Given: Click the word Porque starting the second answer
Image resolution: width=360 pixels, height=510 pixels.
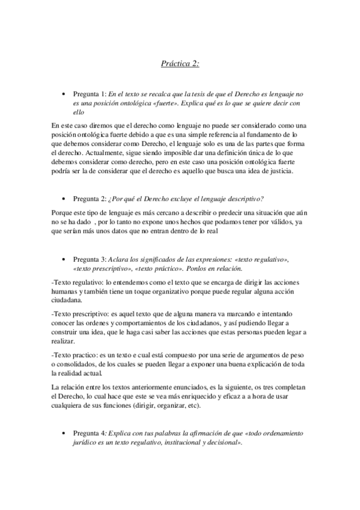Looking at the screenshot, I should [64, 215].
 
